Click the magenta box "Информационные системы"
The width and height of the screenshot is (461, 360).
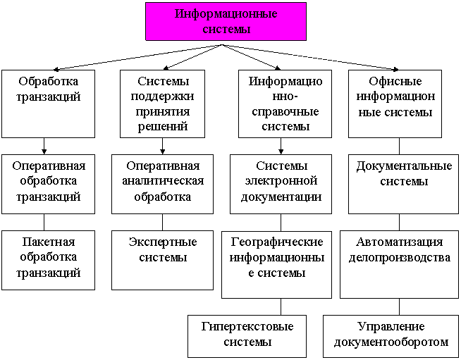(226, 21)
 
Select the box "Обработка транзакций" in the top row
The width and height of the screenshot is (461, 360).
(48, 103)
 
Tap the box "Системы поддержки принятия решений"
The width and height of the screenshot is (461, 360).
(163, 103)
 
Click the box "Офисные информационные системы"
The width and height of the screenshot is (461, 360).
(395, 103)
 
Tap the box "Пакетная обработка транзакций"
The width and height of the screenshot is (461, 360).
(49, 259)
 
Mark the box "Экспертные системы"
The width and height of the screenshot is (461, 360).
(162, 259)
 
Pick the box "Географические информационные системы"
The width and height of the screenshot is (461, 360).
(276, 263)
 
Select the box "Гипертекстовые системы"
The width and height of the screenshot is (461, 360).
(247, 335)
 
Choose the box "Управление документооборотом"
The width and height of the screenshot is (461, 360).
(391, 335)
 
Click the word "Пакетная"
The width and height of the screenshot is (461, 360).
(49, 242)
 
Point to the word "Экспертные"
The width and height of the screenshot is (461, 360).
(163, 242)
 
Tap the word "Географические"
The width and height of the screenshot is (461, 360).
(277, 242)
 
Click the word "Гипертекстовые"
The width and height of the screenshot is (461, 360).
(247, 327)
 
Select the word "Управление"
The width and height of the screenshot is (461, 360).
(391, 327)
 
